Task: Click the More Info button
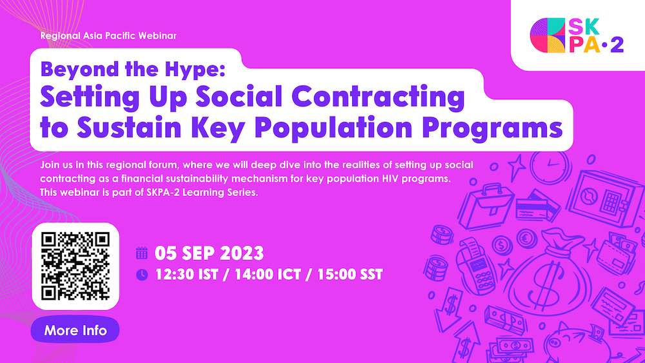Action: tap(75, 330)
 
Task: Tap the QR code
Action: tap(75, 266)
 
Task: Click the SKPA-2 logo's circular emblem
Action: tap(548, 35)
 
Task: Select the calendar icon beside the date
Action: tap(142, 253)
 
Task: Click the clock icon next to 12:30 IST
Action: tap(142, 274)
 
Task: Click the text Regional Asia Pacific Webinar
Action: tap(108, 35)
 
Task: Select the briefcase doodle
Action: tap(486, 206)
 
